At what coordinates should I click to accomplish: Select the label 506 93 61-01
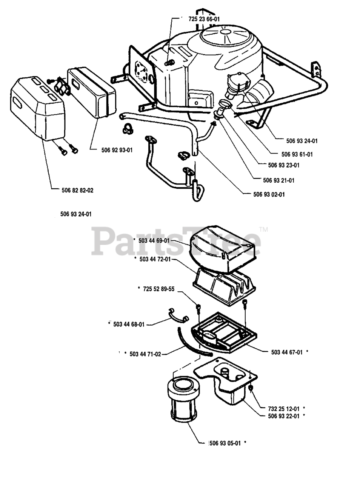297,154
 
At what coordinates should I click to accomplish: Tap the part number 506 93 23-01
284,165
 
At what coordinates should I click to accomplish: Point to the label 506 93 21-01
278,180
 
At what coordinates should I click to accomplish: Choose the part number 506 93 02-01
269,194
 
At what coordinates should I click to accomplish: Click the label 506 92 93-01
117,150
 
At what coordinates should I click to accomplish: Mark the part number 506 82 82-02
77,191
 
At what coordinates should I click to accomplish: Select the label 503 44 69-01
155,240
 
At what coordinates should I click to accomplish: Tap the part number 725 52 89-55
158,289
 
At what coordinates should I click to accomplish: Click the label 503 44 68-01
129,324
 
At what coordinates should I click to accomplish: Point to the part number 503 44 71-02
145,354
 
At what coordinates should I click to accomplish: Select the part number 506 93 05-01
225,443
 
